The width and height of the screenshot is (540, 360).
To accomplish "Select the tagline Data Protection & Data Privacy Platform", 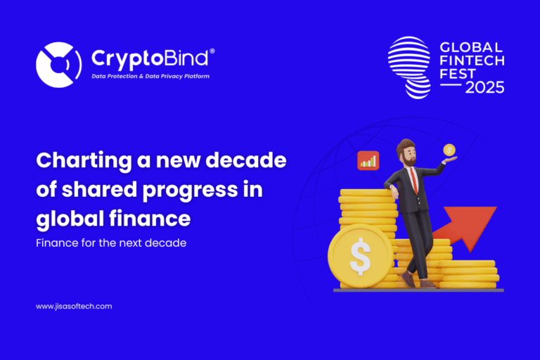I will click(x=150, y=76).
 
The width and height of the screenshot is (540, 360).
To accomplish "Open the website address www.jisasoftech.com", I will click(x=74, y=306).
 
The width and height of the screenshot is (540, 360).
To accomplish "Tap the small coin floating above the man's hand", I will click(x=449, y=150).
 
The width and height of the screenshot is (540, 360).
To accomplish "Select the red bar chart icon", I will click(x=368, y=160).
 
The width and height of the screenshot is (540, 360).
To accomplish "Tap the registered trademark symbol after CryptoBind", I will click(x=212, y=51).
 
